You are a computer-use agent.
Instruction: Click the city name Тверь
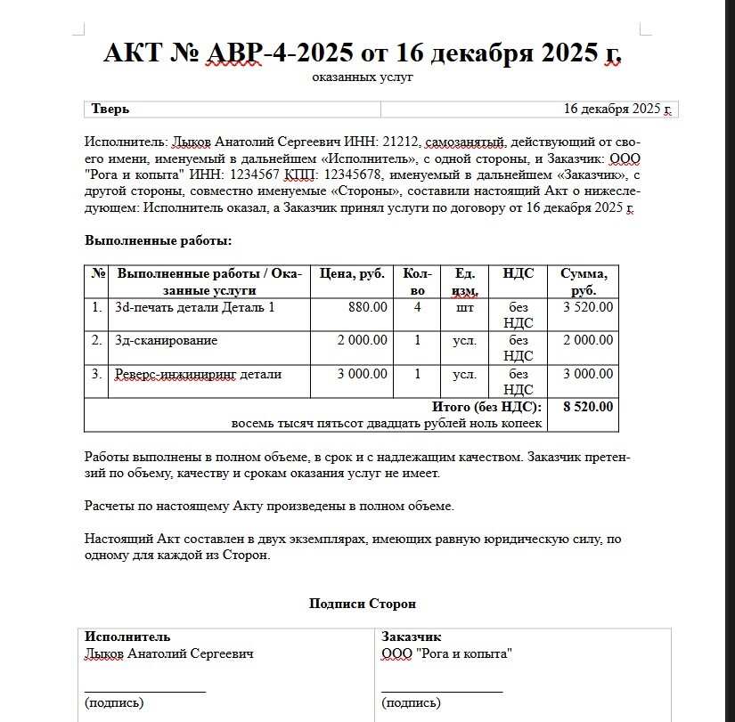coord(110,110)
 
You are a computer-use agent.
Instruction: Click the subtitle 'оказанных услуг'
coord(363,77)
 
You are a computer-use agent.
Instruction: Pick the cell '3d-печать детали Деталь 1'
coord(195,308)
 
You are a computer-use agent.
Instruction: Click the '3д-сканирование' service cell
coord(167,340)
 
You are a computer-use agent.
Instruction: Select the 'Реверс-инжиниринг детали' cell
coord(199,374)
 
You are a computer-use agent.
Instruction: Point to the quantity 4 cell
coord(417,308)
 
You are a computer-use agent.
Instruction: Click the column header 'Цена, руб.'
coord(352,273)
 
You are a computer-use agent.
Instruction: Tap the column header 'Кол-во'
coord(417,281)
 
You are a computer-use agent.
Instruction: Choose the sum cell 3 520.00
coord(587,308)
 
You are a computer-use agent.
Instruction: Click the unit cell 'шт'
coord(464,308)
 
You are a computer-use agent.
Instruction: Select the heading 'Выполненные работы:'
coord(158,240)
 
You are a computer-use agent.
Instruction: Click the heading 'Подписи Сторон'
coord(363,604)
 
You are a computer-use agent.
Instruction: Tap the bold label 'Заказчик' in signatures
coord(411,637)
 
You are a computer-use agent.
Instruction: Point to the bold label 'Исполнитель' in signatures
coord(127,637)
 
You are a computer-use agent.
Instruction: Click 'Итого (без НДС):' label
coord(486,407)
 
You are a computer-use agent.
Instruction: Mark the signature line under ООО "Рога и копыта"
coord(442,690)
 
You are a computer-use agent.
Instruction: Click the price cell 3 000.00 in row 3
coord(362,374)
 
